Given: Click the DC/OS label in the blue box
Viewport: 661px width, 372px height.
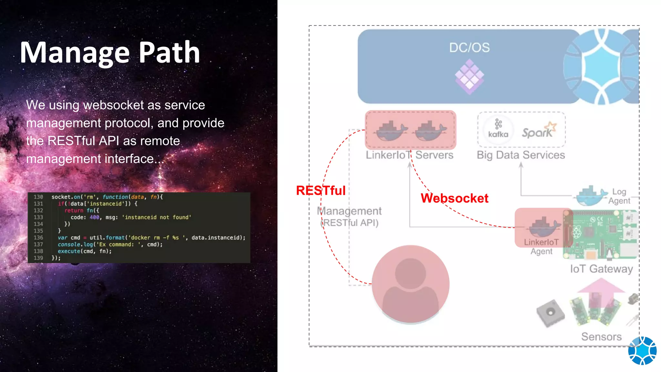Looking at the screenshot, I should [469, 48].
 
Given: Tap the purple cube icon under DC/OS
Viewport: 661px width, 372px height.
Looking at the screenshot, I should [469, 77].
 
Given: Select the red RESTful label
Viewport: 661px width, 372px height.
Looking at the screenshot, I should [320, 191].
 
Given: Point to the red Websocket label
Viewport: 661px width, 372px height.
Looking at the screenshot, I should [454, 198].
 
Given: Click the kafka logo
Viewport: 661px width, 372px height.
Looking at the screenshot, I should [498, 129].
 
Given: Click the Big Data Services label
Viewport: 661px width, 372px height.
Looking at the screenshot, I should [521, 155].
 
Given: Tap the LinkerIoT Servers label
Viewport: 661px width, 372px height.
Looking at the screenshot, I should [409, 155].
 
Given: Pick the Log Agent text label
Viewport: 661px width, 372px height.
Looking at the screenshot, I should [619, 196].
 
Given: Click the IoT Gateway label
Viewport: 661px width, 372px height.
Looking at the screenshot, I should [601, 269].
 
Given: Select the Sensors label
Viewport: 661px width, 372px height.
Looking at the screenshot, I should [601, 336].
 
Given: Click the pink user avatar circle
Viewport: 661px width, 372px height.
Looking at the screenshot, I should [410, 284].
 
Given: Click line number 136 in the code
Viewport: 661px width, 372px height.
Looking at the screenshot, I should [38, 238].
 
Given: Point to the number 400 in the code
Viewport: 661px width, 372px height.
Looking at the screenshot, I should [94, 217].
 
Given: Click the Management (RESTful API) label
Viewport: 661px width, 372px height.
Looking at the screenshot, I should [349, 217].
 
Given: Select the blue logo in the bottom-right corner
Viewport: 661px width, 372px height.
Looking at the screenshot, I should [642, 351].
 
